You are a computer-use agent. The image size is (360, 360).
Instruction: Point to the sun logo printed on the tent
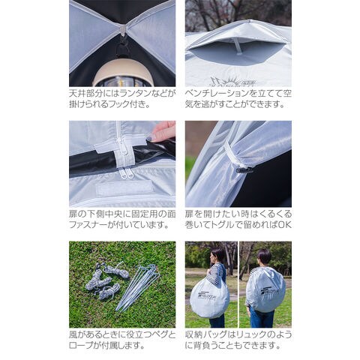(226, 82)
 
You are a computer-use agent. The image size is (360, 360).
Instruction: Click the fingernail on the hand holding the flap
(149, 137)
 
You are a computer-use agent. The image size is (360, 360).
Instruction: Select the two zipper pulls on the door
(127, 173)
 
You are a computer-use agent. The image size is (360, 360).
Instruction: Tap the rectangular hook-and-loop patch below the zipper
(124, 188)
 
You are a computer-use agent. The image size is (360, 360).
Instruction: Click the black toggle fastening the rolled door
(244, 169)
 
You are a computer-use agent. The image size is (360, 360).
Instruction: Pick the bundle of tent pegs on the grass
(138, 287)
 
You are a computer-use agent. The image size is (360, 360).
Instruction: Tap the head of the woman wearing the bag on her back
(264, 256)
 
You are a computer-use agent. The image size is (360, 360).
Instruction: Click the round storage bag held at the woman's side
(209, 298)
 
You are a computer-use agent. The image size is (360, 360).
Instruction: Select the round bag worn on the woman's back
(265, 289)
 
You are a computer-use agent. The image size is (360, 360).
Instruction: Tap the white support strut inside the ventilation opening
(238, 46)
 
